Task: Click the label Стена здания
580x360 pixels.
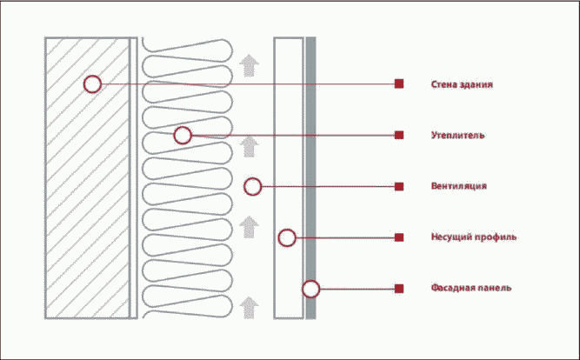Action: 462,84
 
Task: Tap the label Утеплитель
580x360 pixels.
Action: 457,136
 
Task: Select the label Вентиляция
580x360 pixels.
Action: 458,186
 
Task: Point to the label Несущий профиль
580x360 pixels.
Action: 474,237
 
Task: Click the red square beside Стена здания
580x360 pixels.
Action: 399,84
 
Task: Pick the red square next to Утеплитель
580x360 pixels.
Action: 399,135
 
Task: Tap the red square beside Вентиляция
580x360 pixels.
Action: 399,186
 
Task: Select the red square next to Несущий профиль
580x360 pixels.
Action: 399,237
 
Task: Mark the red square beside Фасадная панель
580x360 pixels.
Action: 399,288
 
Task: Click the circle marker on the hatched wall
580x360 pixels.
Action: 92,84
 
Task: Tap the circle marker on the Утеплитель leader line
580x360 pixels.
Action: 182,135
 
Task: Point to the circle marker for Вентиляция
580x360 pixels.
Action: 252,186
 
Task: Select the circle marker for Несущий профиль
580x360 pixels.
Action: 287,237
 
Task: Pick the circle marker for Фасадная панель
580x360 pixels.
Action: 310,288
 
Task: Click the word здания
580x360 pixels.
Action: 477,84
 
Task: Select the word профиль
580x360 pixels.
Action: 499,237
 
